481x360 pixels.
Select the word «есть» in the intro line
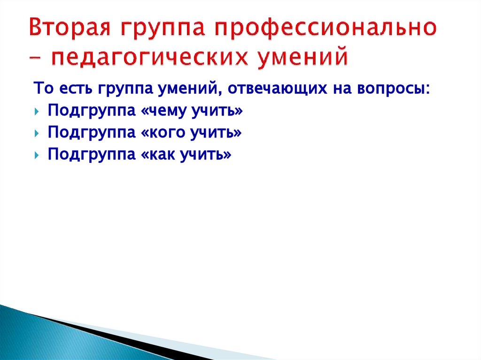71,89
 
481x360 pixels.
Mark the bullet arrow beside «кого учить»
37,134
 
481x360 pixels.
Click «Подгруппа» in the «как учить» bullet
90,155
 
